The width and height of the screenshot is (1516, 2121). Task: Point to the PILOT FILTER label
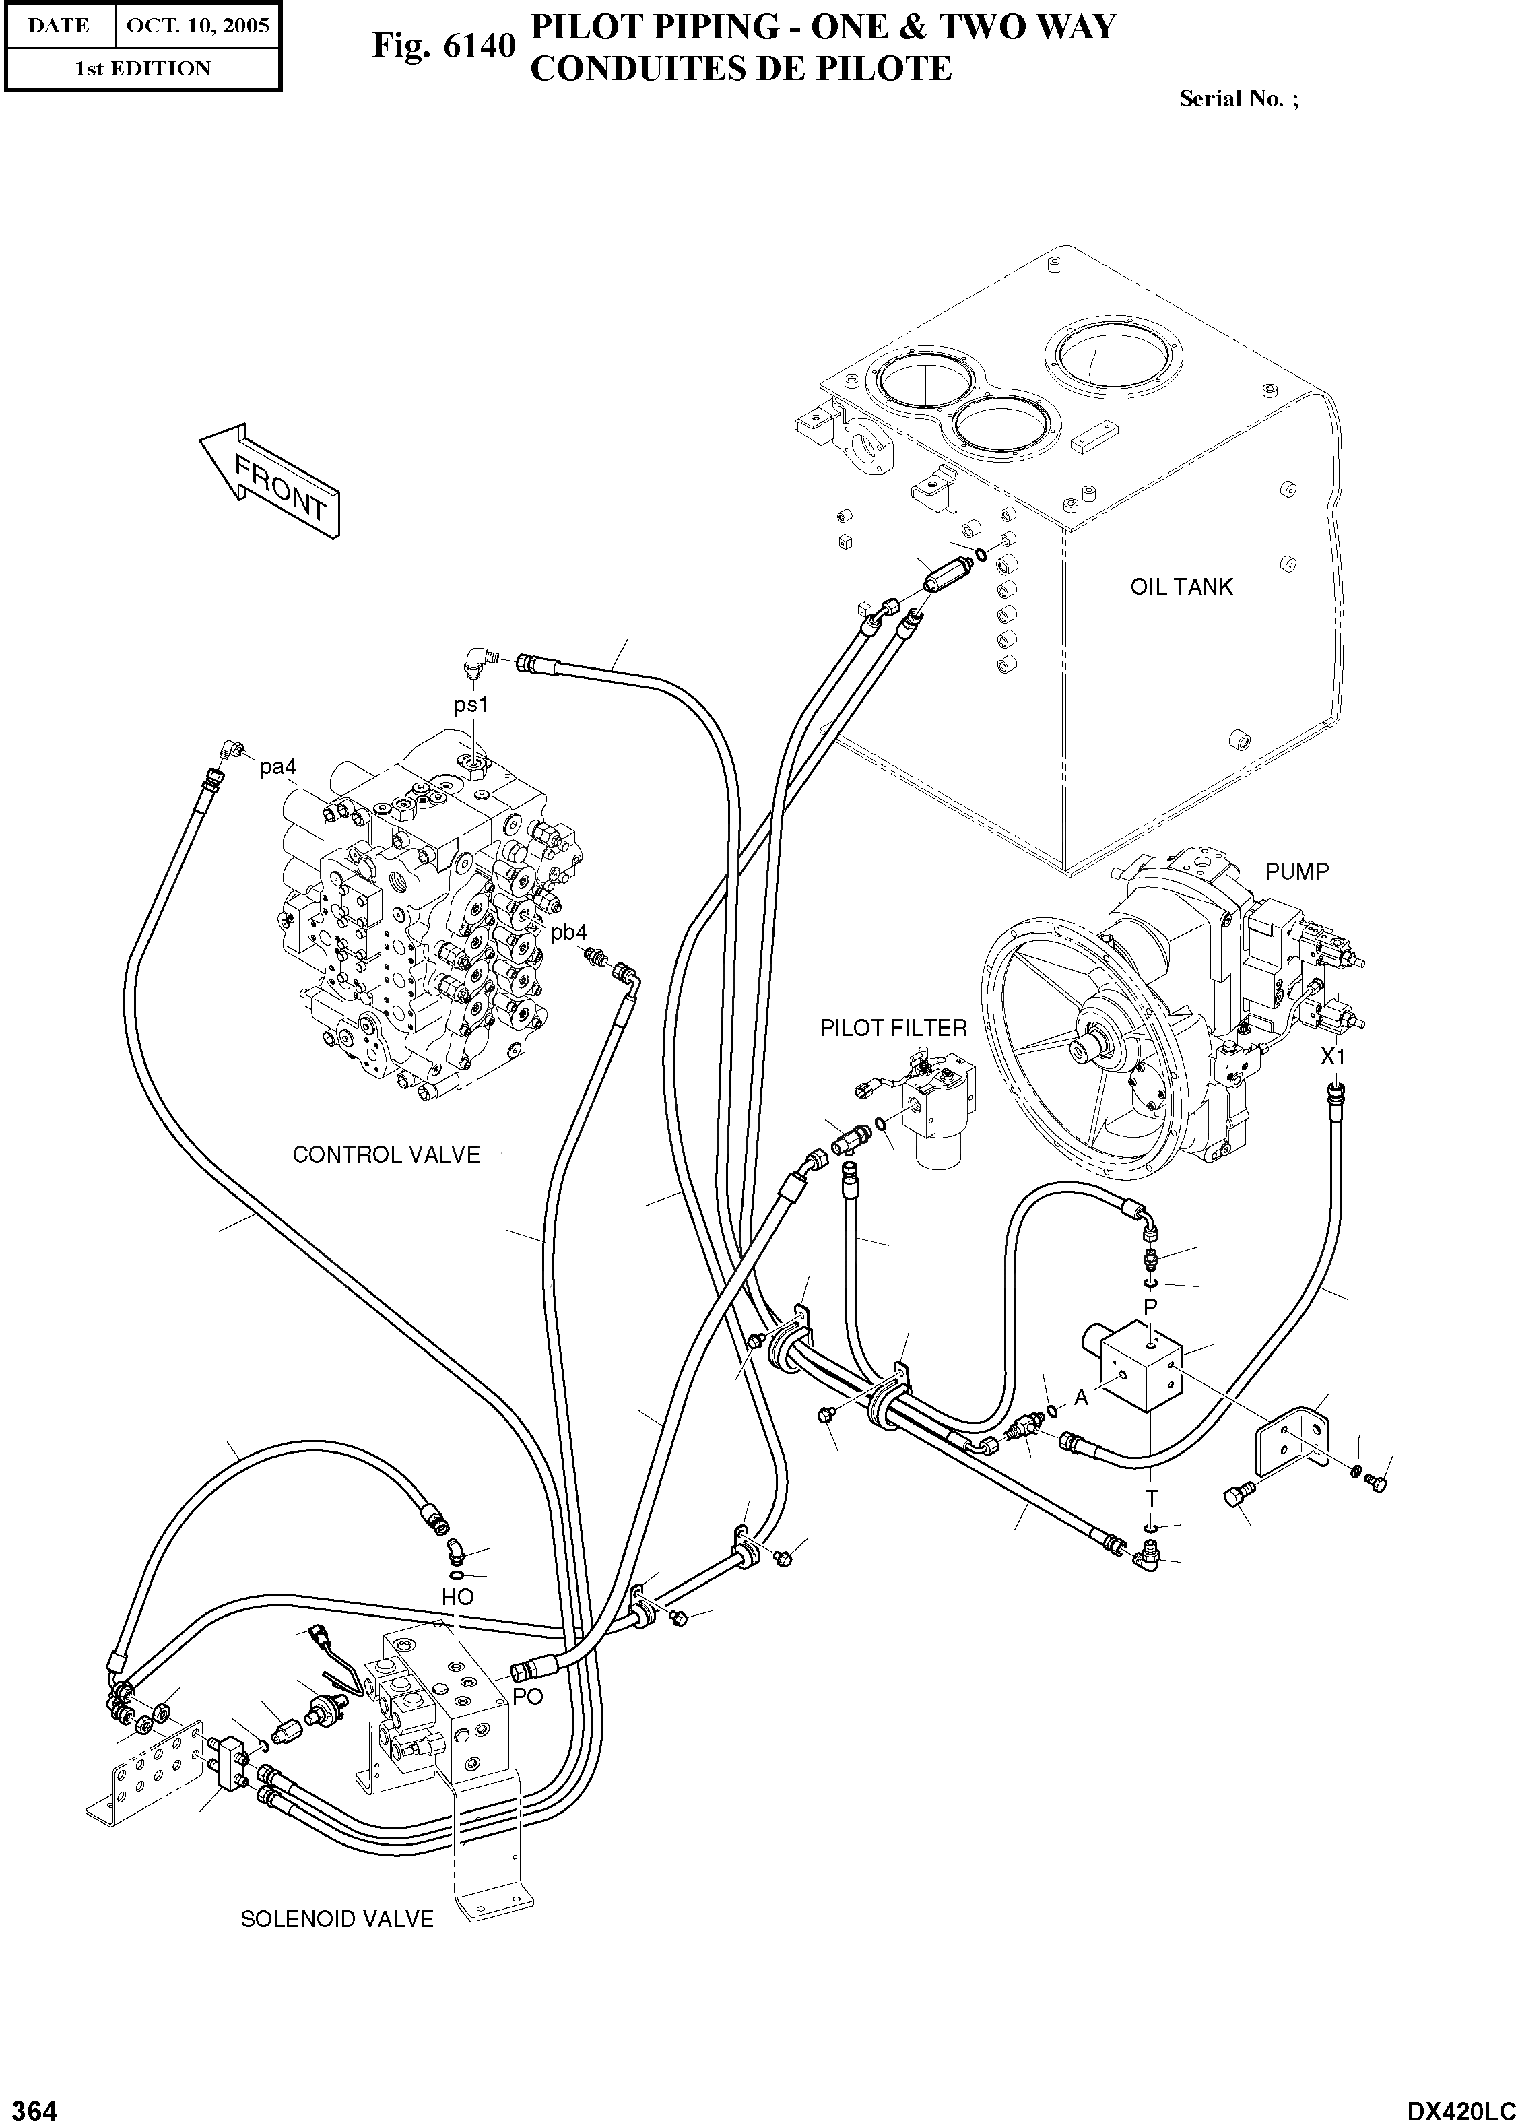(x=892, y=1028)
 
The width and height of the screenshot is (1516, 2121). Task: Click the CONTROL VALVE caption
(x=385, y=1154)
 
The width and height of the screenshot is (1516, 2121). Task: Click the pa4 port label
(x=278, y=766)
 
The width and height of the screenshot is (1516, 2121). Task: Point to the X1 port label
(x=1332, y=1057)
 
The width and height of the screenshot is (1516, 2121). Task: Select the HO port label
(x=457, y=1597)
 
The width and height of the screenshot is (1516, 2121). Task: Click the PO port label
(x=527, y=1697)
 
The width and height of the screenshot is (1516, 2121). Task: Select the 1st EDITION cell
(x=142, y=68)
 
